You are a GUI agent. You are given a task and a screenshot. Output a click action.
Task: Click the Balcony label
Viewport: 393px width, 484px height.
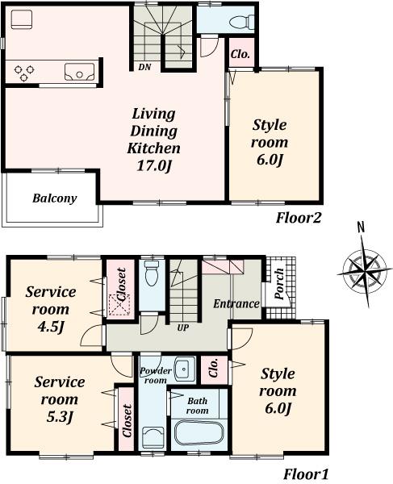click(54, 198)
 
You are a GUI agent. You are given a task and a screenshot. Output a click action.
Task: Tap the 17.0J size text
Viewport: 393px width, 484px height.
click(153, 167)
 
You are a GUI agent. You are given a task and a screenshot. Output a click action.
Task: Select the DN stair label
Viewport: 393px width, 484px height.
click(145, 67)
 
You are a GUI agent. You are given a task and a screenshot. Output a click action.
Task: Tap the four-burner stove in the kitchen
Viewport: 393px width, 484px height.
click(25, 73)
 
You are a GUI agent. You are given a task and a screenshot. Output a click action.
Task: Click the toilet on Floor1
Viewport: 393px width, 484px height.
click(152, 273)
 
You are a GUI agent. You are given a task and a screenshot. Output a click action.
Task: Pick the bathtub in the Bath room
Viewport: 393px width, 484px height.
click(201, 431)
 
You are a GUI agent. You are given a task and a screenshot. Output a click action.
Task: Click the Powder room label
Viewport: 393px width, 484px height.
click(155, 375)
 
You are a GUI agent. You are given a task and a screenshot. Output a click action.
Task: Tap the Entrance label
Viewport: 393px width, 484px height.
click(236, 304)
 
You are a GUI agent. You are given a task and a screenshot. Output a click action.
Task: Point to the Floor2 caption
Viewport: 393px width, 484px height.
click(299, 217)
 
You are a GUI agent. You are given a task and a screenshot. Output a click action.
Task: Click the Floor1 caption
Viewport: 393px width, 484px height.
click(304, 474)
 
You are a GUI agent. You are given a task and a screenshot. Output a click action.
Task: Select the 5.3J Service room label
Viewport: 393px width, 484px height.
click(60, 399)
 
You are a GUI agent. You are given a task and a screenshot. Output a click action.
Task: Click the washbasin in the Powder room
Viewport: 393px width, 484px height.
click(182, 368)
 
